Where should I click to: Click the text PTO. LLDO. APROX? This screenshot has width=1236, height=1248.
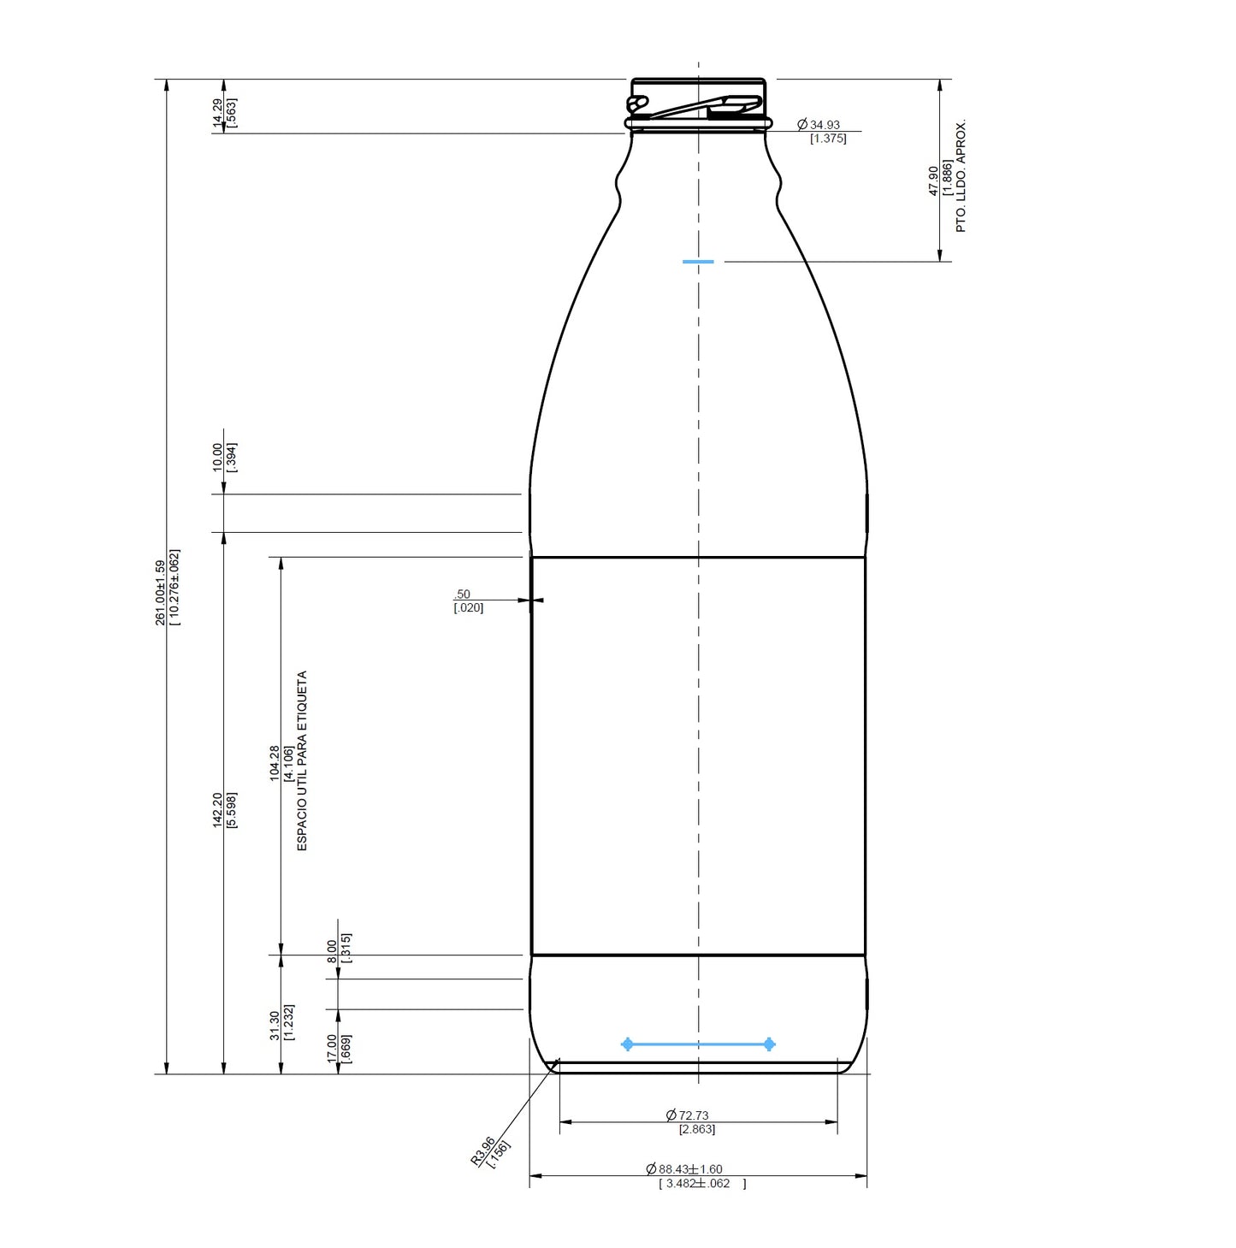pos(961,175)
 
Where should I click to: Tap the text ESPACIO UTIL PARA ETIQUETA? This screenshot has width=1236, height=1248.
pos(301,760)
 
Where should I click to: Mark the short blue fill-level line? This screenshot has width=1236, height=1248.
pos(698,262)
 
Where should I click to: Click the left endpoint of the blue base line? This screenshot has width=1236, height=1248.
pos(628,1044)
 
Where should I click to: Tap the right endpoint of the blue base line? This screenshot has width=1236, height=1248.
pos(769,1044)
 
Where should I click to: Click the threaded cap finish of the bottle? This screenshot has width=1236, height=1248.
pos(698,104)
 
